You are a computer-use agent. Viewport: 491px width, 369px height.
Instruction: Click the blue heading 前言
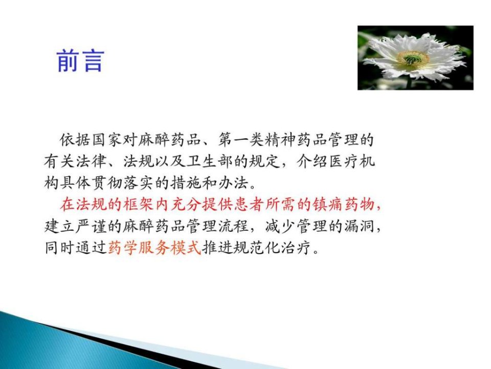click(80, 60)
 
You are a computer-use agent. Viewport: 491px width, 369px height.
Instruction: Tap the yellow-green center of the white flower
click(413, 58)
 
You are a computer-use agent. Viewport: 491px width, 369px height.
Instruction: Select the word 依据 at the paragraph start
click(76, 140)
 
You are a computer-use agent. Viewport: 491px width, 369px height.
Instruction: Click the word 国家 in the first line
click(107, 140)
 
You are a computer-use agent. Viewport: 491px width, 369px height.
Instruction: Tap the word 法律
click(91, 161)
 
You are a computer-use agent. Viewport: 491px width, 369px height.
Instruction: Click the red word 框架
click(139, 204)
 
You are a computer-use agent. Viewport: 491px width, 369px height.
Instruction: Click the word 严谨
click(91, 226)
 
